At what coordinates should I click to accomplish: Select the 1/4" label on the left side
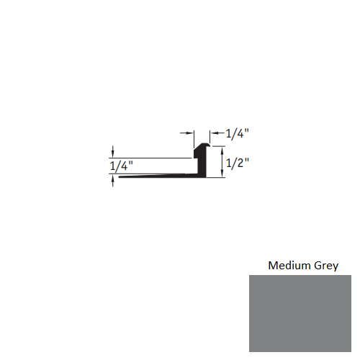coord(122,166)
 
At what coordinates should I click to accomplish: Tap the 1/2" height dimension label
coord(238,163)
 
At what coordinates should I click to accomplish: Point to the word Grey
coord(325,265)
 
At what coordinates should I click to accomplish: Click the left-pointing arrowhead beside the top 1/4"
coord(213,132)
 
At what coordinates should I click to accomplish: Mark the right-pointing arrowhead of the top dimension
coord(191,132)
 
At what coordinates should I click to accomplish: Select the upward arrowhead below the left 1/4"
coord(113,179)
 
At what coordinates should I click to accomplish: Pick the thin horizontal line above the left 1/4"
coord(151,158)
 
